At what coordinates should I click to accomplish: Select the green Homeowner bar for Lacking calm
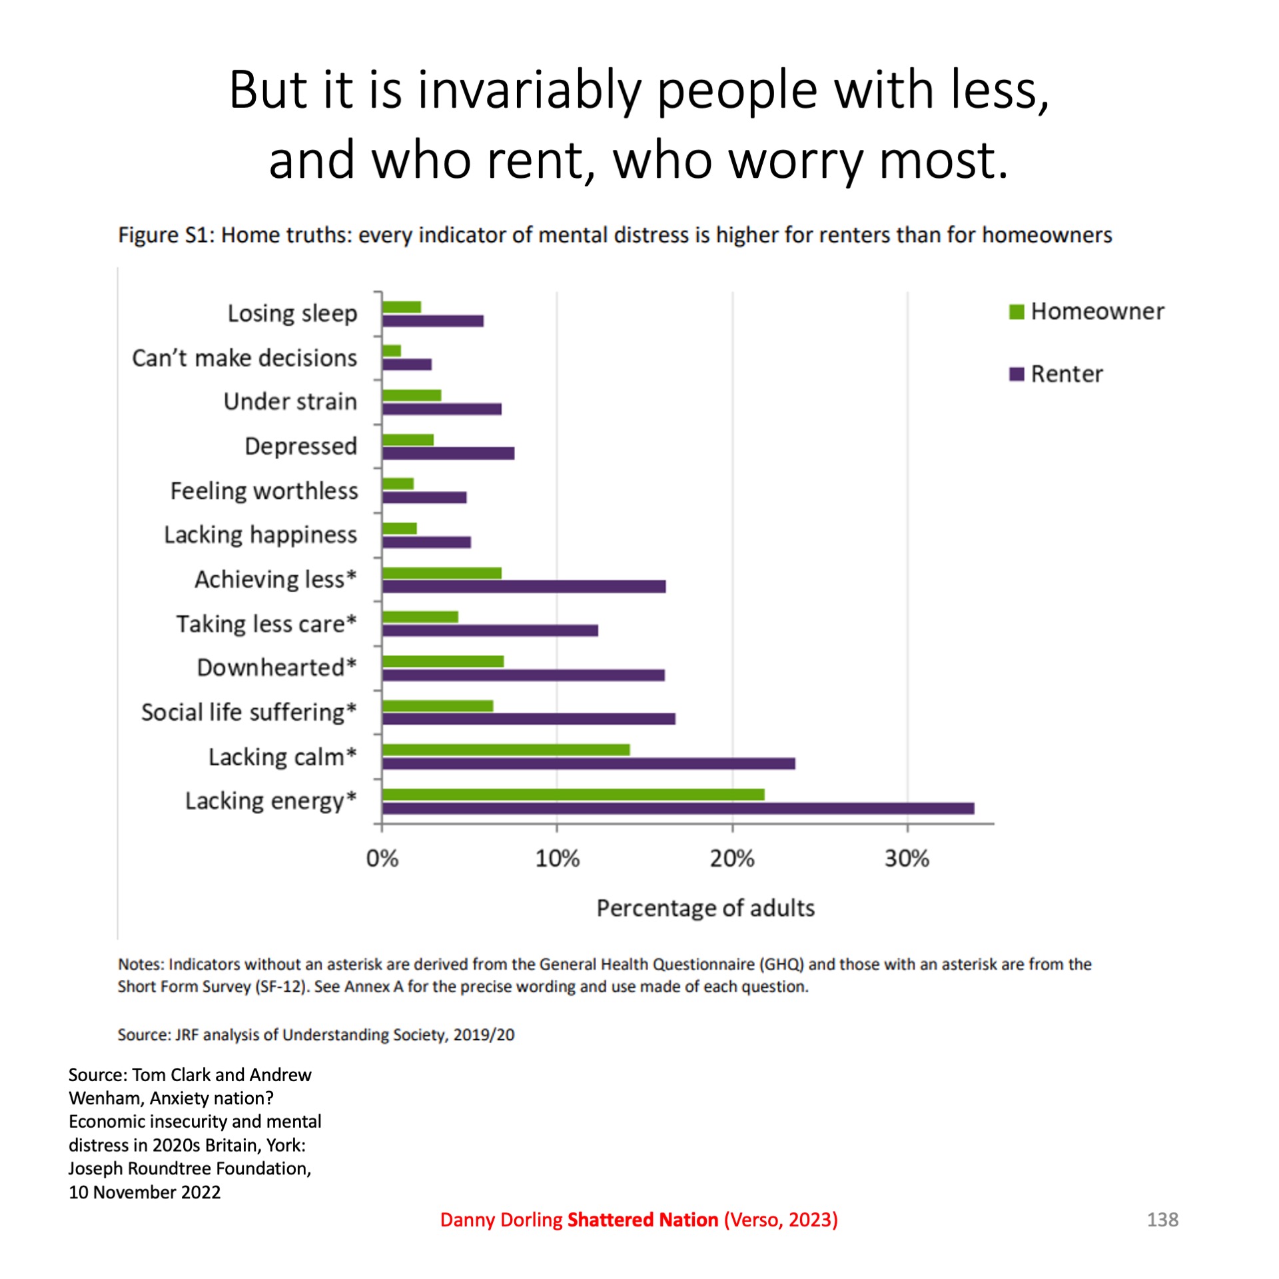tap(506, 749)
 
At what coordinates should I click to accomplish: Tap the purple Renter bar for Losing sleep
tap(433, 320)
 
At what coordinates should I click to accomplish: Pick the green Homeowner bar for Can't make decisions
tap(392, 350)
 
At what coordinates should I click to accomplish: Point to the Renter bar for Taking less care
tap(490, 630)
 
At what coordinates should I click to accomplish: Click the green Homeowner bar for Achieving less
tap(442, 573)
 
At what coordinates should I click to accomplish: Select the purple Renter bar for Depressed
tap(448, 453)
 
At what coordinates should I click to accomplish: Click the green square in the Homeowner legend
tap(1016, 312)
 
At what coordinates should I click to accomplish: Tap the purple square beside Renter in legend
tap(1016, 374)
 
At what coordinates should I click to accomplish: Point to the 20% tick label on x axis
tap(731, 859)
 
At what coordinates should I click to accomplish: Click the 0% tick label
tap(382, 859)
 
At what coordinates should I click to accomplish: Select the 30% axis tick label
tap(907, 859)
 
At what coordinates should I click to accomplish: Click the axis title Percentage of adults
tap(705, 908)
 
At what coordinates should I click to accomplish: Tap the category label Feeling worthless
tap(264, 491)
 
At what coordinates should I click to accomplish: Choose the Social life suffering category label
tap(248, 712)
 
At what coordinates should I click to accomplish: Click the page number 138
tap(1162, 1220)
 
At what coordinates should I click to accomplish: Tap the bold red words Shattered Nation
tap(642, 1220)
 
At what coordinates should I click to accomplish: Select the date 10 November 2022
tap(145, 1192)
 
